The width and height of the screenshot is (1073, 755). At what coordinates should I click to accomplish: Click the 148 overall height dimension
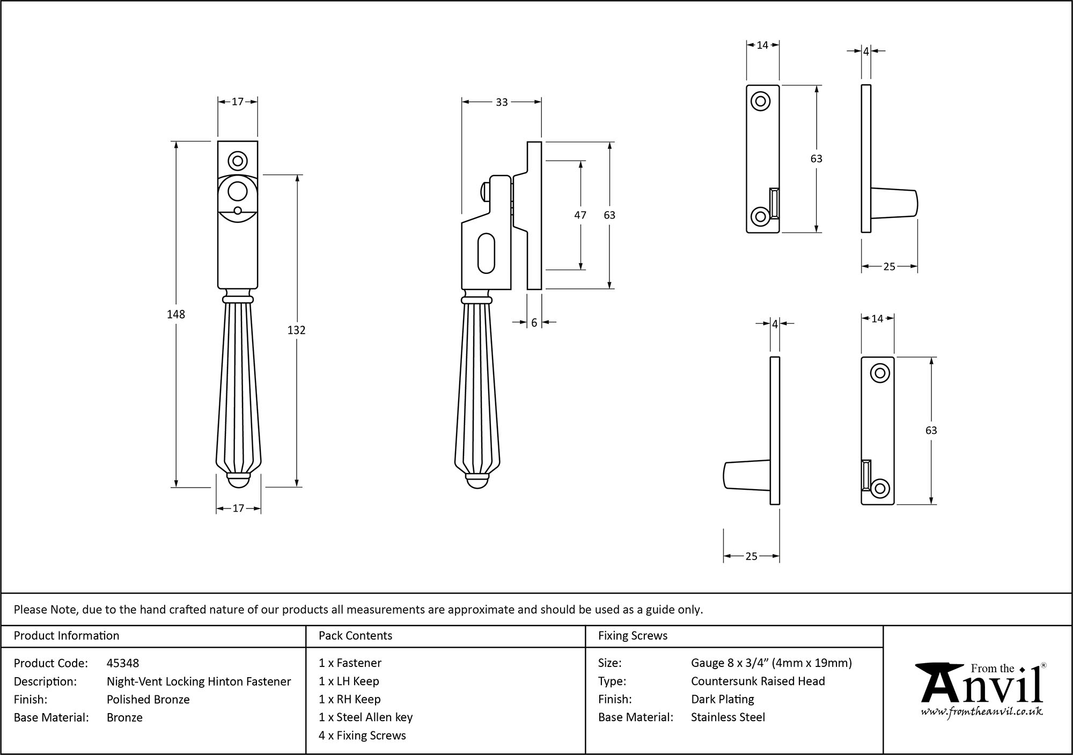(176, 315)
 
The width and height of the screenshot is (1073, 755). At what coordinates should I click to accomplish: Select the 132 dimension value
(296, 330)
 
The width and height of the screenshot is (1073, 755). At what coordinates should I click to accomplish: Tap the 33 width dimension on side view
(502, 102)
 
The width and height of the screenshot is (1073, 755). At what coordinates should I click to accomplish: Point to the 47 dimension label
(580, 215)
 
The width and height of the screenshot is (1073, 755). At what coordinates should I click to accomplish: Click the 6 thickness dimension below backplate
(534, 323)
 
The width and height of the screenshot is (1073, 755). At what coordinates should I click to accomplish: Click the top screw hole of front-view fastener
(237, 160)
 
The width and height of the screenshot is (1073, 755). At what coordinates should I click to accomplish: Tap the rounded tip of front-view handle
(239, 483)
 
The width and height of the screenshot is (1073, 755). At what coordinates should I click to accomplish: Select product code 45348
(123, 663)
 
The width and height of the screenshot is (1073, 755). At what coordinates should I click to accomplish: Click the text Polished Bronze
(148, 699)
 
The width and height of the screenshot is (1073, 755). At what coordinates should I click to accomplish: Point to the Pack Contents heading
(355, 636)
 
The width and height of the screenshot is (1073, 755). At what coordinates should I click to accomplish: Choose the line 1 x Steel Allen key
(365, 717)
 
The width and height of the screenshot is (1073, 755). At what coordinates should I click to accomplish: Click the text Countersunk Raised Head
(758, 681)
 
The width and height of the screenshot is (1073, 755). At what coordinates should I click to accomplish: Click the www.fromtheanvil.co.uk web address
(982, 712)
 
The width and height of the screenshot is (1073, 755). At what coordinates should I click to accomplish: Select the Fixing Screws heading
(633, 636)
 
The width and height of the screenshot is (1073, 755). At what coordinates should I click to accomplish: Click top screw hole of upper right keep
(760, 101)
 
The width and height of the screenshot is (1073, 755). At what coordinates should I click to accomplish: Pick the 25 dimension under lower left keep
(751, 556)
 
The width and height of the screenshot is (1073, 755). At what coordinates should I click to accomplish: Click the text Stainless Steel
(727, 717)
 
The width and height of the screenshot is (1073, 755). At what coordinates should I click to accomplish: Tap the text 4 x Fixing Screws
(362, 735)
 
